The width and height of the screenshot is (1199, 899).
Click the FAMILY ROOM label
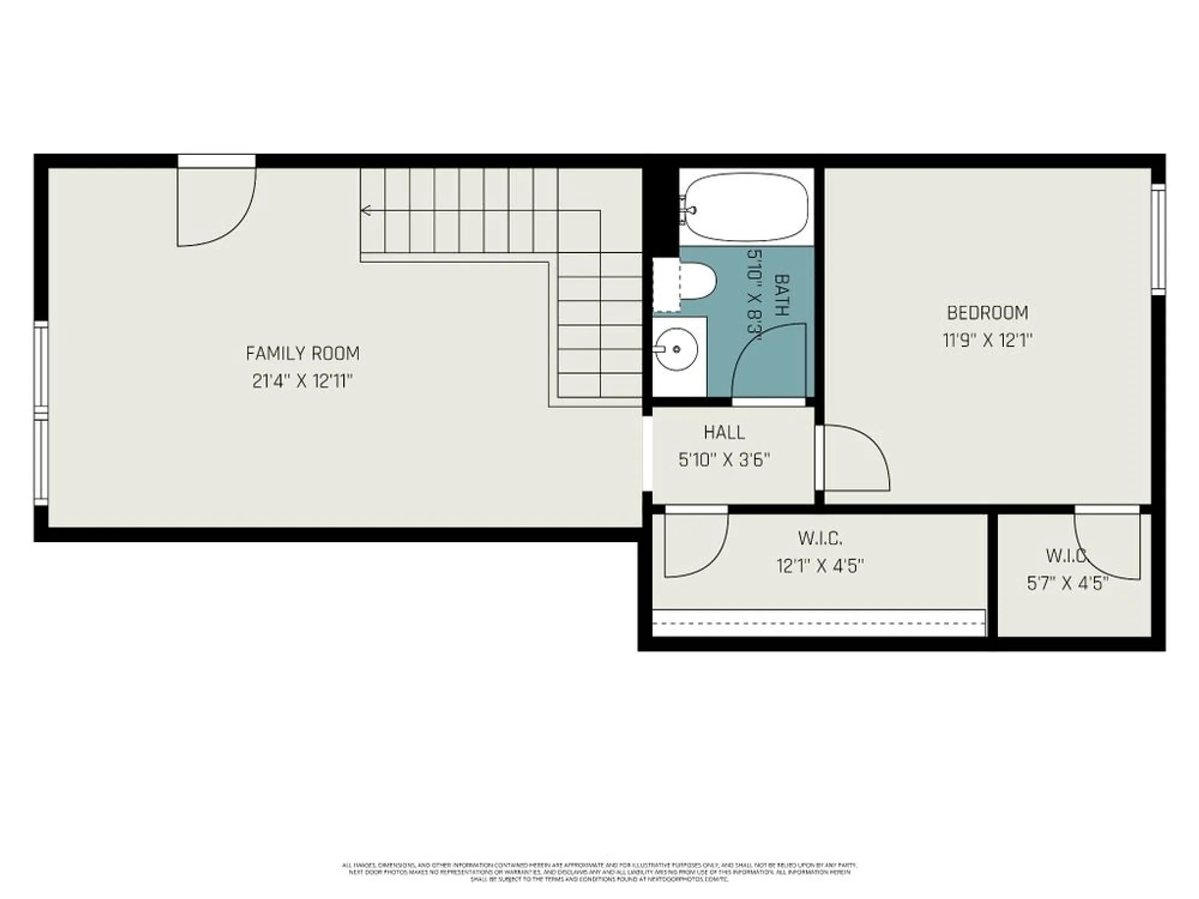tap(303, 354)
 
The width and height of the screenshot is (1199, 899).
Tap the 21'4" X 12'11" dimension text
tap(303, 381)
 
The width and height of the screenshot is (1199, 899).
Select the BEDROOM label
tap(987, 313)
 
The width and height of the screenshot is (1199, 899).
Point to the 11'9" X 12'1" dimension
tap(987, 340)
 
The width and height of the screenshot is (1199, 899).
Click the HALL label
tap(724, 432)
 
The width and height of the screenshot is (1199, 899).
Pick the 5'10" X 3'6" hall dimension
tap(724, 460)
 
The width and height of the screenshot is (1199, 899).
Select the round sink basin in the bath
tap(676, 349)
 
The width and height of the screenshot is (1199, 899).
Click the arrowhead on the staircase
tap(364, 210)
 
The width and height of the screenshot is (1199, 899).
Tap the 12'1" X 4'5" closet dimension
tap(820, 566)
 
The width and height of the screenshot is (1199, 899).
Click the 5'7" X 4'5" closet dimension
tap(1068, 583)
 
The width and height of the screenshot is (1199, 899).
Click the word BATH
tap(781, 295)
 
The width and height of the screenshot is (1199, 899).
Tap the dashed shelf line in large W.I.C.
tap(818, 623)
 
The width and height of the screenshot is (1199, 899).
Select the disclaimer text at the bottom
tap(599, 872)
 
